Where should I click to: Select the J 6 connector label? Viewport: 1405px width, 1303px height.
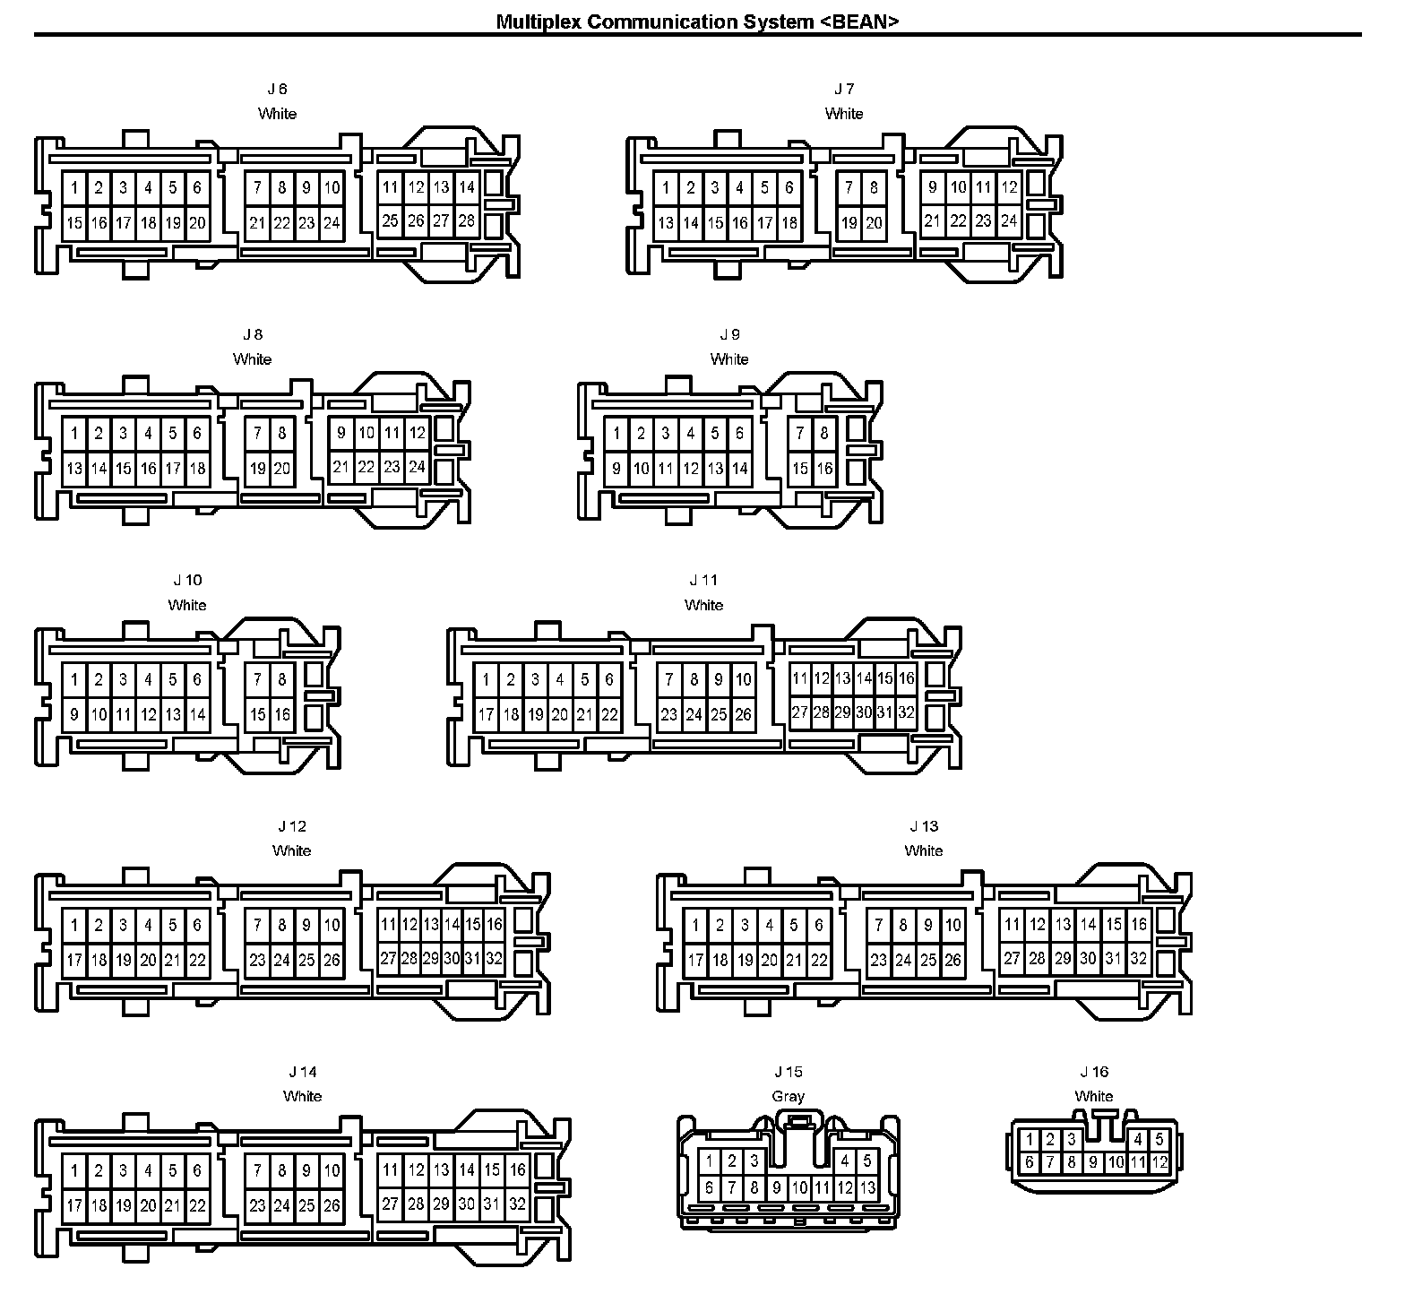[x=277, y=89]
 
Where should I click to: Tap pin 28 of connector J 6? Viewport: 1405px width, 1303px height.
[x=466, y=220]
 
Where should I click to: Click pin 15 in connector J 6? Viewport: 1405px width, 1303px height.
[x=74, y=223]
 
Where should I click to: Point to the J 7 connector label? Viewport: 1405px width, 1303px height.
[x=844, y=89]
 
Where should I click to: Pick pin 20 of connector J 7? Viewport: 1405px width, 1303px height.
[x=874, y=223]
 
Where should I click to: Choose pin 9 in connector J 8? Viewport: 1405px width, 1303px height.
[x=340, y=433]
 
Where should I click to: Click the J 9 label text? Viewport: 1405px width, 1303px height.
[x=729, y=334]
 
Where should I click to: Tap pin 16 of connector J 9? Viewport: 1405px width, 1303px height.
[x=824, y=469]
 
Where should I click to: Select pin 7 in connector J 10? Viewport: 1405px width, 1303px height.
[x=258, y=679]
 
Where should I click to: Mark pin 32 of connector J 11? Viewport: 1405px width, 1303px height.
[x=907, y=713]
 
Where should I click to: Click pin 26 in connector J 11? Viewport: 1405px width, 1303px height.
[x=744, y=715]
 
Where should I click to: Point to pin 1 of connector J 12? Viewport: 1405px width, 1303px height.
[x=74, y=925]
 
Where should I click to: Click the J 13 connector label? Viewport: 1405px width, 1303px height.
[x=924, y=826]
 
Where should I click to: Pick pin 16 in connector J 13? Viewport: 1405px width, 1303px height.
[x=1138, y=924]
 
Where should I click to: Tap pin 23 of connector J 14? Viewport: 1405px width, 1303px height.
[x=258, y=1205]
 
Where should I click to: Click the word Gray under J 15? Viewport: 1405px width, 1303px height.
[x=789, y=1096]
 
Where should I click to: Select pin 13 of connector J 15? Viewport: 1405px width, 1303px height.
[x=866, y=1188]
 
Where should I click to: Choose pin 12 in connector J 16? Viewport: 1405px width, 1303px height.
[x=1159, y=1162]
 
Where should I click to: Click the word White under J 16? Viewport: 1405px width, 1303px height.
[x=1094, y=1096]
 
